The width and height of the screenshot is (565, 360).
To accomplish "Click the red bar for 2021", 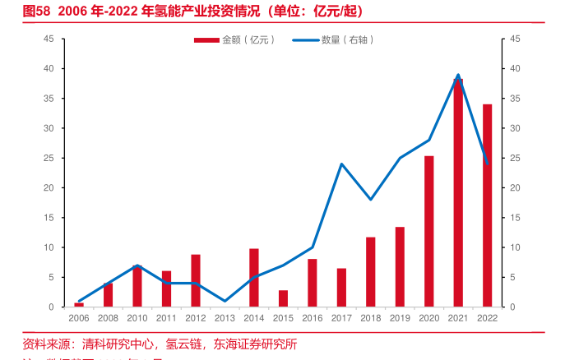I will coord(458,193).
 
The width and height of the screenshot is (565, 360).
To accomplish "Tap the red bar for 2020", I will coord(429,231).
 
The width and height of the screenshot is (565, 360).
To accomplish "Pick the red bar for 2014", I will coord(254,278).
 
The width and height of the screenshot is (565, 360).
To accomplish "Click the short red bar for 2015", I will coord(283,298).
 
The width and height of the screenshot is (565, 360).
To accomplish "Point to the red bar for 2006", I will coord(79,305).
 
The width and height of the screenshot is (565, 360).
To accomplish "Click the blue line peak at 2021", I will coord(458,75).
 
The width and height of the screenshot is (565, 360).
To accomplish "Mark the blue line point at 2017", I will coord(341,164).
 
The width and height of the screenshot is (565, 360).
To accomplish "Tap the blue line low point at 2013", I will coord(225,301).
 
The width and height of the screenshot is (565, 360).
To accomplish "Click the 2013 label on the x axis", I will coord(225,317).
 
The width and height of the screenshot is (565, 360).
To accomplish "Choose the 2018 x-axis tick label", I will coord(370,317).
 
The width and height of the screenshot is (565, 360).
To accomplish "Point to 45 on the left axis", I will coord(48,39).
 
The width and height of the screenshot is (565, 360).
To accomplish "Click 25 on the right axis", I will coord(515,158).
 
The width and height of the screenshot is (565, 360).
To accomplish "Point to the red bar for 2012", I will coord(196,280).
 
